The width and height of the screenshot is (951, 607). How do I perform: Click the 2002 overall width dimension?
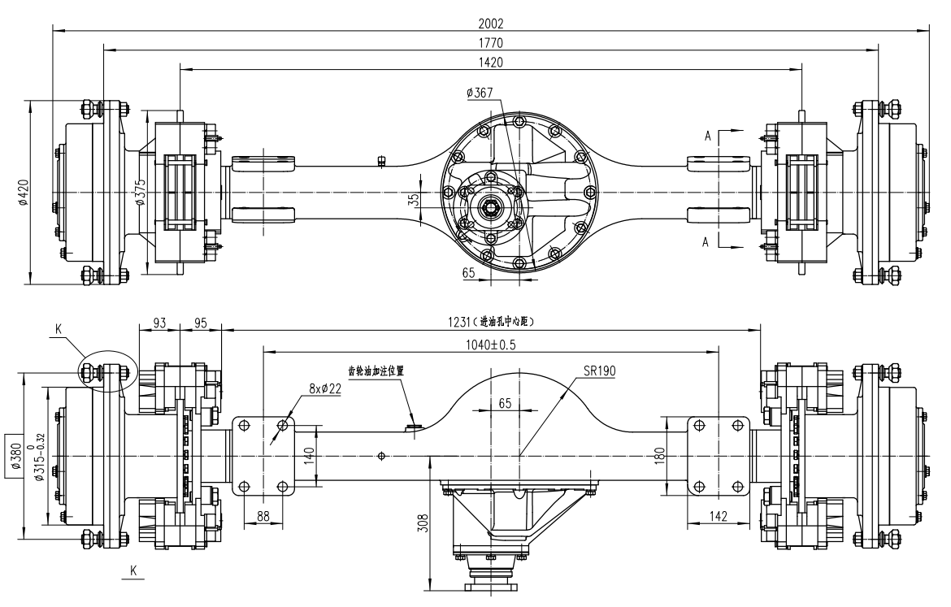point(490,24)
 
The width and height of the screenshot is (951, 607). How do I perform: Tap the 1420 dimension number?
point(490,63)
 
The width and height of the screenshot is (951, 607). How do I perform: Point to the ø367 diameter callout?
point(480,94)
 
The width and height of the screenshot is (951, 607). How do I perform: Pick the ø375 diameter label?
point(141,193)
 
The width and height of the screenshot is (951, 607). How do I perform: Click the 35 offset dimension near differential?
point(414,201)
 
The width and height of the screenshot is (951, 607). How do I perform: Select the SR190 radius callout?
point(599,371)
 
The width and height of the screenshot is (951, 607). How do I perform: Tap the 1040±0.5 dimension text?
point(490,345)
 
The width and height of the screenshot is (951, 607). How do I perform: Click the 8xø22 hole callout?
point(324,389)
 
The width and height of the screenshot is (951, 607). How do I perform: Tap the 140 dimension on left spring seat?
point(308,455)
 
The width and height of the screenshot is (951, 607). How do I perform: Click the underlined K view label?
point(132,571)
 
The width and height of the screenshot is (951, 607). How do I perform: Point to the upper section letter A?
point(708,137)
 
